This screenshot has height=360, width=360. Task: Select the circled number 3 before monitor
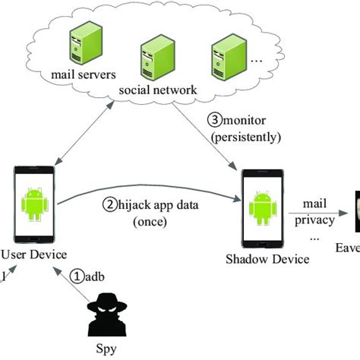[214, 119]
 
